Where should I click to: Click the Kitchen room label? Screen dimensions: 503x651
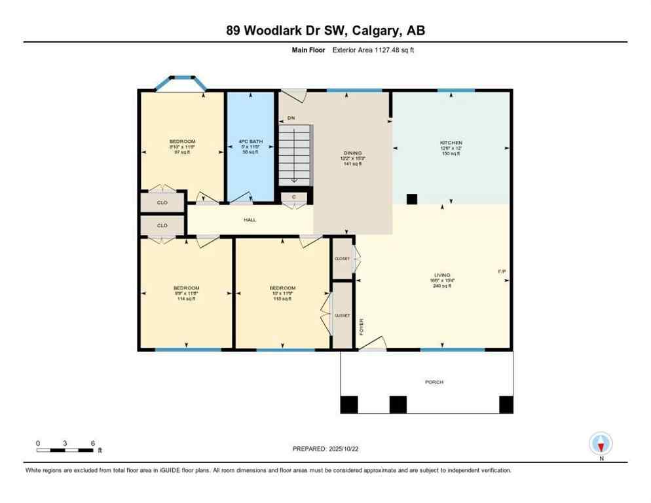coord(451,143)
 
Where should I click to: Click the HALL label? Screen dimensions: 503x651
coord(250,220)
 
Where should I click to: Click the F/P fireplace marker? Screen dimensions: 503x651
coord(502,271)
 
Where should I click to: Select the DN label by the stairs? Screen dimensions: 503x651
coord(291,119)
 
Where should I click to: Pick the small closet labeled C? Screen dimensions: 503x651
coord(294,196)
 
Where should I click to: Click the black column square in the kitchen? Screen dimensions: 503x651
coord(412,199)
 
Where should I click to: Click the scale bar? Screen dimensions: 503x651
coord(65,450)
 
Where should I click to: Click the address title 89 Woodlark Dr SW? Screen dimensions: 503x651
coord(325,30)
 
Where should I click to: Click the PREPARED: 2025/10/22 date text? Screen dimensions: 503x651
coord(325,449)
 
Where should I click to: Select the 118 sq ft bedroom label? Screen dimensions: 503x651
coord(282,293)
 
